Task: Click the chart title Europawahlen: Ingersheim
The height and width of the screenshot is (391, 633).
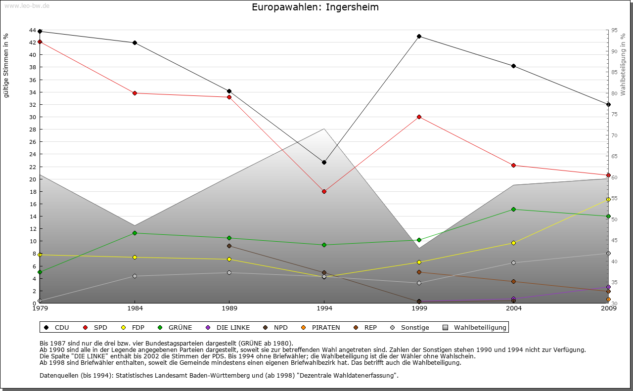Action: (315, 7)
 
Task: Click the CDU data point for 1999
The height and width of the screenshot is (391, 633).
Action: (419, 36)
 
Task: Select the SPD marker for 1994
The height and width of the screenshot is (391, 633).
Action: (324, 191)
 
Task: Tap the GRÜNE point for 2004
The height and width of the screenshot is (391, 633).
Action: (514, 209)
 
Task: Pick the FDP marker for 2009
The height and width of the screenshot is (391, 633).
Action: (608, 199)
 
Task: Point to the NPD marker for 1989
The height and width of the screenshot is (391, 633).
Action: (229, 246)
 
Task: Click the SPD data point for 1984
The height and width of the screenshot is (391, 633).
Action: (135, 93)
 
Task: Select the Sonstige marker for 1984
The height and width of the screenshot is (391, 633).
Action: (135, 276)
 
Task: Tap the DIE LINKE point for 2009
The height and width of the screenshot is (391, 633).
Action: (608, 287)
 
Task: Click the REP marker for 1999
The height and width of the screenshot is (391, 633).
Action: (419, 272)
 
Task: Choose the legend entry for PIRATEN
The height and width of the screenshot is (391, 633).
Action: (321, 327)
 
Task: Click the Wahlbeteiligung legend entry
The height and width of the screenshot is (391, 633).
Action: (475, 327)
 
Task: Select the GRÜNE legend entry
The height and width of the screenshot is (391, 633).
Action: (175, 327)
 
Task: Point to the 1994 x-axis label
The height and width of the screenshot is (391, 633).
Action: (324, 309)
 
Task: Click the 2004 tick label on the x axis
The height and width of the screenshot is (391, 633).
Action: (514, 309)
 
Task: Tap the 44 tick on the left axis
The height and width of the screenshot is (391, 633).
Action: (33, 31)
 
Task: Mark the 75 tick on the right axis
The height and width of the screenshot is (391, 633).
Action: (615, 114)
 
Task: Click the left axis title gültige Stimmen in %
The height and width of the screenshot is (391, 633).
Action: (6, 66)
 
